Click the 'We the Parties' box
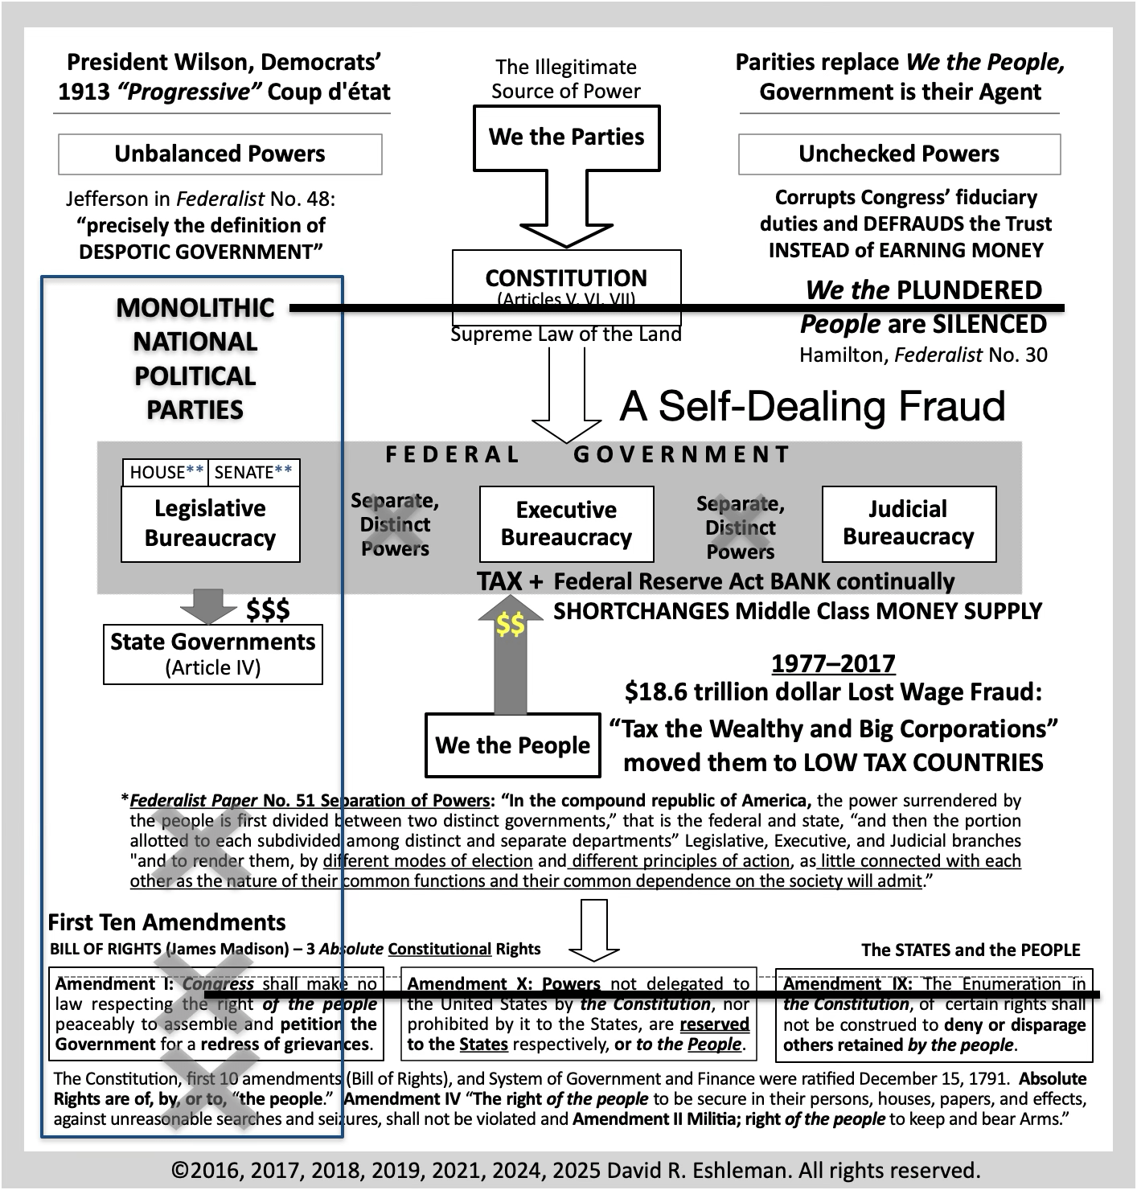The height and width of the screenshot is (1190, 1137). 566,137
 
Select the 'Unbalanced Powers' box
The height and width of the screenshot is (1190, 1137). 220,154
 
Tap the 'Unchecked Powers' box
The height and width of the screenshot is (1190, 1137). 899,154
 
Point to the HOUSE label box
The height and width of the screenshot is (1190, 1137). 166,473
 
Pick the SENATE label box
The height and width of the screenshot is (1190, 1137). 253,473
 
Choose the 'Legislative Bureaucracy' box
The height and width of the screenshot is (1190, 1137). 210,523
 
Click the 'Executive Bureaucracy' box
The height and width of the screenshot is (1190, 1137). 566,523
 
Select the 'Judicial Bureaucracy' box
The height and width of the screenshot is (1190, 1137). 909,523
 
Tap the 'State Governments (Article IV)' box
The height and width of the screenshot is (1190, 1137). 213,654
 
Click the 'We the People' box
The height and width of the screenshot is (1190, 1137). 512,745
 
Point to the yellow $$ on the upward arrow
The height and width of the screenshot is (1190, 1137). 510,624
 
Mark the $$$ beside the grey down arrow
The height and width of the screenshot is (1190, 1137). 268,609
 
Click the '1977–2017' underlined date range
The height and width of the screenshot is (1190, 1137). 833,664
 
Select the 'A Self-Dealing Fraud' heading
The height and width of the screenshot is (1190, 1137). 812,406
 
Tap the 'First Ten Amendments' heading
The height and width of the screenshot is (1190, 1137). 166,922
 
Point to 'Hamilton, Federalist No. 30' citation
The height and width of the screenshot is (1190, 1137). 923,355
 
